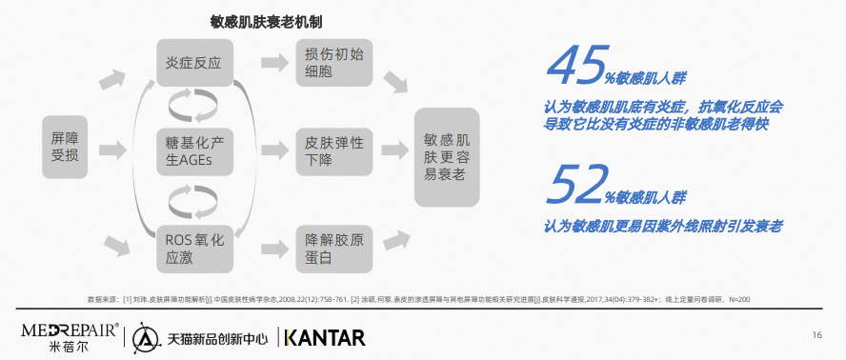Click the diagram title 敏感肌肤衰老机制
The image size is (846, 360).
266,22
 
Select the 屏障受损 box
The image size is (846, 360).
65,147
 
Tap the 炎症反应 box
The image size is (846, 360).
194,63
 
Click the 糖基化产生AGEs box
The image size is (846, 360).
194,151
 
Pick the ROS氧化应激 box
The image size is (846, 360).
194,249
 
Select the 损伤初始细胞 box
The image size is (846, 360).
334,63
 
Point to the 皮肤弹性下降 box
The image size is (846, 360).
334,151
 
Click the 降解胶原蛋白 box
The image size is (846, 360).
334,249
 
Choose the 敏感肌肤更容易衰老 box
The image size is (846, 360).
447,157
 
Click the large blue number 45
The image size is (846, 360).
576,66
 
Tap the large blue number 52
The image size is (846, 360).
576,185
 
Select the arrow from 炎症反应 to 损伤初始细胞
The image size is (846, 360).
274,63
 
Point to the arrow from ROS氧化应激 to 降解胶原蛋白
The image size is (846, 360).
274,249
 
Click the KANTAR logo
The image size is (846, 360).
325,337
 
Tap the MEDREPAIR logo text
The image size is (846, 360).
70,330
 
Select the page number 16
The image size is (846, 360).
816,335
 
